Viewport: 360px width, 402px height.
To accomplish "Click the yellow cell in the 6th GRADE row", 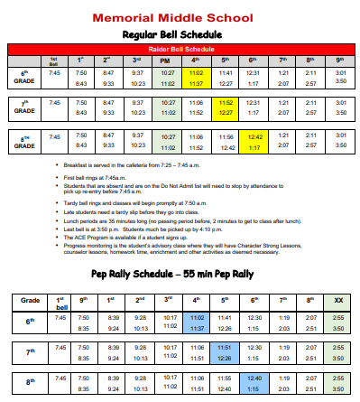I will (196, 77).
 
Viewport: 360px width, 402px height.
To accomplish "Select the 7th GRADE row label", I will (24, 108).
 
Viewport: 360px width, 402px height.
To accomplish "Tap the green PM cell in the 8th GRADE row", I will (167, 142).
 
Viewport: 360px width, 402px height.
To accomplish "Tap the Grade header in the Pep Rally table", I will (30, 298).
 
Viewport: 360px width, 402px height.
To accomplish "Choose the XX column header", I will (337, 298).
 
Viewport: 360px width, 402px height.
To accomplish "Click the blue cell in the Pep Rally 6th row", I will (197, 323).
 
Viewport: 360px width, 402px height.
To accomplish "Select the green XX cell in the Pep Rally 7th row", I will (337, 352).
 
